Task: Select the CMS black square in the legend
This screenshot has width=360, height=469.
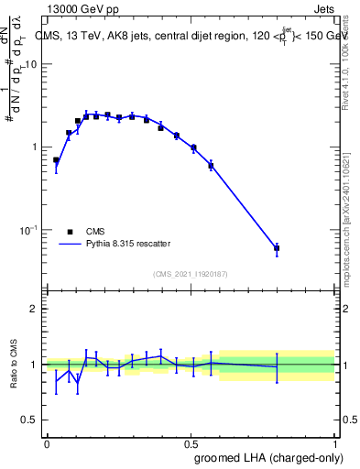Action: point(70,232)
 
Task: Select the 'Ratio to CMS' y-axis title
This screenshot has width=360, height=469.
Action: point(13,365)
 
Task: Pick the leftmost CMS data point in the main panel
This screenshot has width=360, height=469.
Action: point(56,160)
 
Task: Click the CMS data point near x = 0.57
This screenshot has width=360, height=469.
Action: point(211,166)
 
